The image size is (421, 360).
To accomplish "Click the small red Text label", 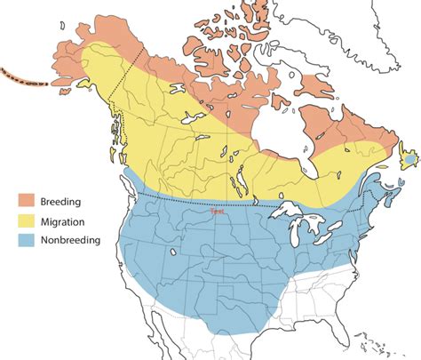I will (x=215, y=211).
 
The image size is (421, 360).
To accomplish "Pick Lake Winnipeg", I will (x=238, y=183).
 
